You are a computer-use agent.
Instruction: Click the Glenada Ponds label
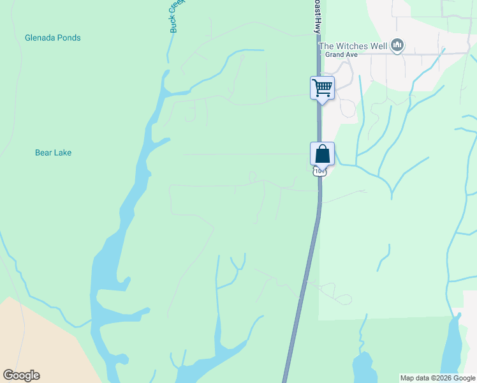52,38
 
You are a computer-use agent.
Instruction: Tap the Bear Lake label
53,153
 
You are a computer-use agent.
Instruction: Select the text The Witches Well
353,45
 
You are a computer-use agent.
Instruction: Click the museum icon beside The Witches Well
397,45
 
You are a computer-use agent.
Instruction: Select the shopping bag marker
322,154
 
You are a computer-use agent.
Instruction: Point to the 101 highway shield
319,171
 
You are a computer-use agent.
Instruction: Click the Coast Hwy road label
316,16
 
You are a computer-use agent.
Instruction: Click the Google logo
21,375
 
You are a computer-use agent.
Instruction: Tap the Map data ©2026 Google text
437,378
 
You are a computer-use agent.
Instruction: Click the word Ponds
69,38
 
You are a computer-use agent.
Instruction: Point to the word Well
379,45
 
